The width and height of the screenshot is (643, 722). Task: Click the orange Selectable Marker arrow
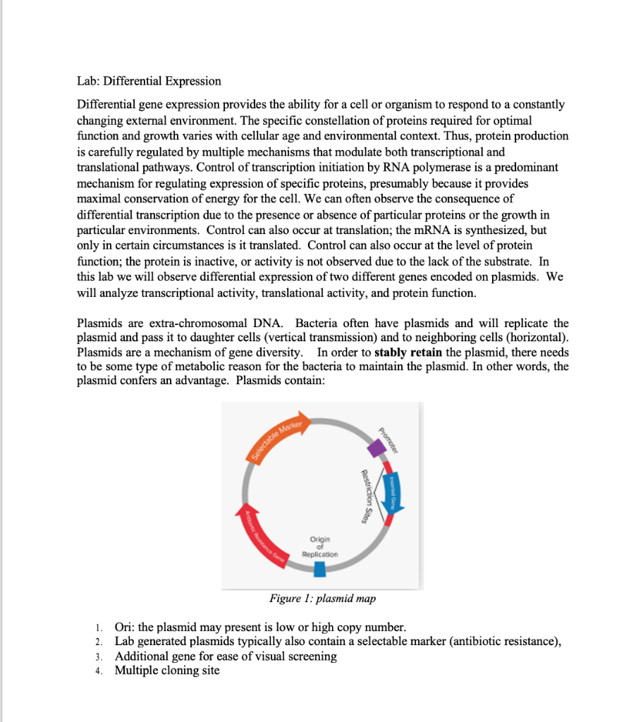tap(278, 436)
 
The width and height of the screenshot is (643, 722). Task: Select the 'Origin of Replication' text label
tap(320, 546)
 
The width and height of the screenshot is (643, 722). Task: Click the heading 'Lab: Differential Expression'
tap(149, 81)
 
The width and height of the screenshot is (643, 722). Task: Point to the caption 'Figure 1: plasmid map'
tap(322, 599)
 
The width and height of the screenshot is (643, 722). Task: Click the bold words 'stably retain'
tap(408, 353)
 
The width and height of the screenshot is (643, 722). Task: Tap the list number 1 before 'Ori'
tap(100, 628)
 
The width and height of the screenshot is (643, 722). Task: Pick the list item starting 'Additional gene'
tap(226, 656)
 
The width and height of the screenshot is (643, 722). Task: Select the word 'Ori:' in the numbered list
tap(125, 628)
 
